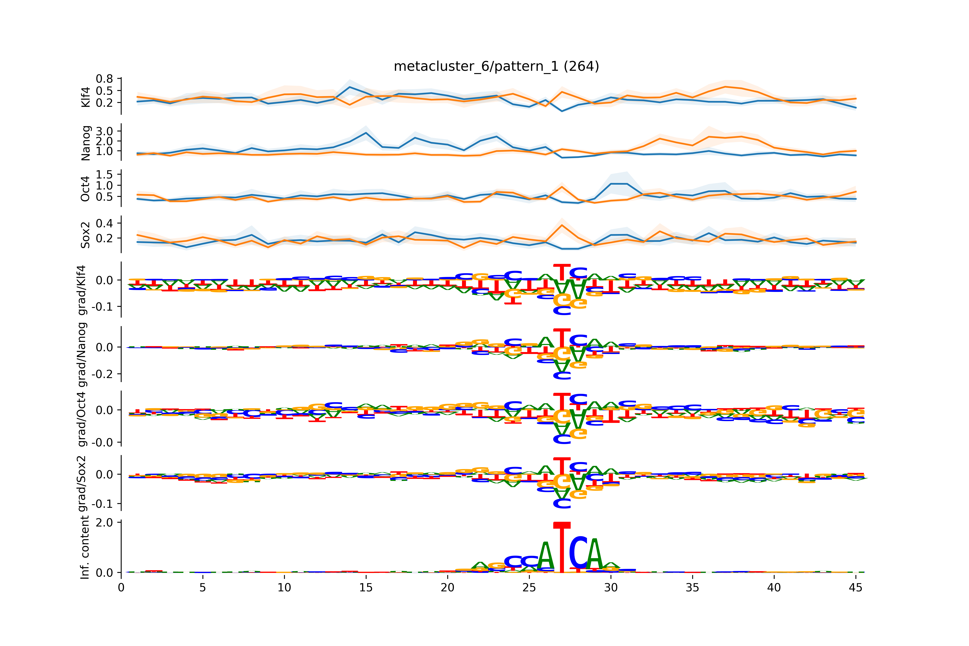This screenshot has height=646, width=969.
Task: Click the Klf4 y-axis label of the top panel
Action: point(86,97)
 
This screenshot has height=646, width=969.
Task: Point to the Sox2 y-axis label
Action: point(85,235)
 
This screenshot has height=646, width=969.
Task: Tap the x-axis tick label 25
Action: point(529,587)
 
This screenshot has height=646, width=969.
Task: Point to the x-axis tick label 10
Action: point(284,587)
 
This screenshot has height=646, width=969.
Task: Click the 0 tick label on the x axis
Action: point(121,587)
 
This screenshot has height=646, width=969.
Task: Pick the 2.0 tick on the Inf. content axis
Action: point(104,522)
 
